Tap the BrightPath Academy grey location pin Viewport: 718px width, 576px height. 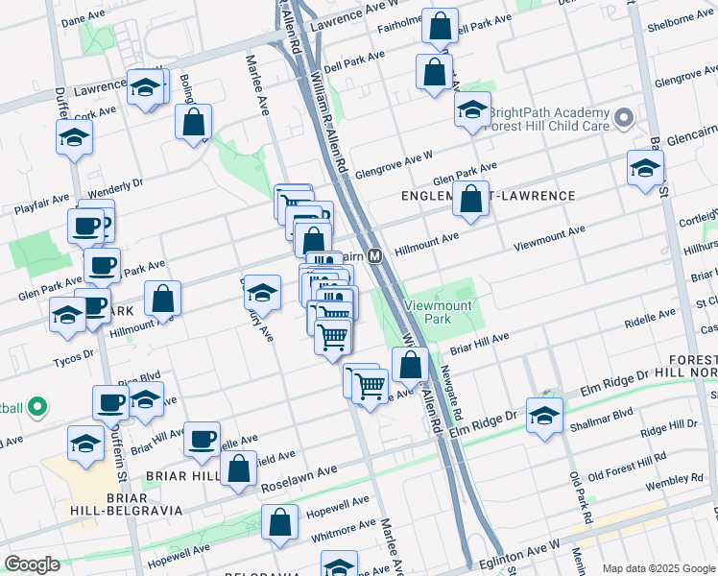(x=625, y=119)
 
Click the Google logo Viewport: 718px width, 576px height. (x=32, y=564)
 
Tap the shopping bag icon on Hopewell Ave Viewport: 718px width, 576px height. (x=280, y=523)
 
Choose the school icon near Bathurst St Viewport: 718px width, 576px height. (x=645, y=167)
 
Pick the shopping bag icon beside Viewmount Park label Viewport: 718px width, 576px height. (x=411, y=365)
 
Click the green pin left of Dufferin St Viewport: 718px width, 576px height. (x=37, y=408)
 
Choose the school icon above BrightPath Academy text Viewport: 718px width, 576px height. (x=472, y=110)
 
